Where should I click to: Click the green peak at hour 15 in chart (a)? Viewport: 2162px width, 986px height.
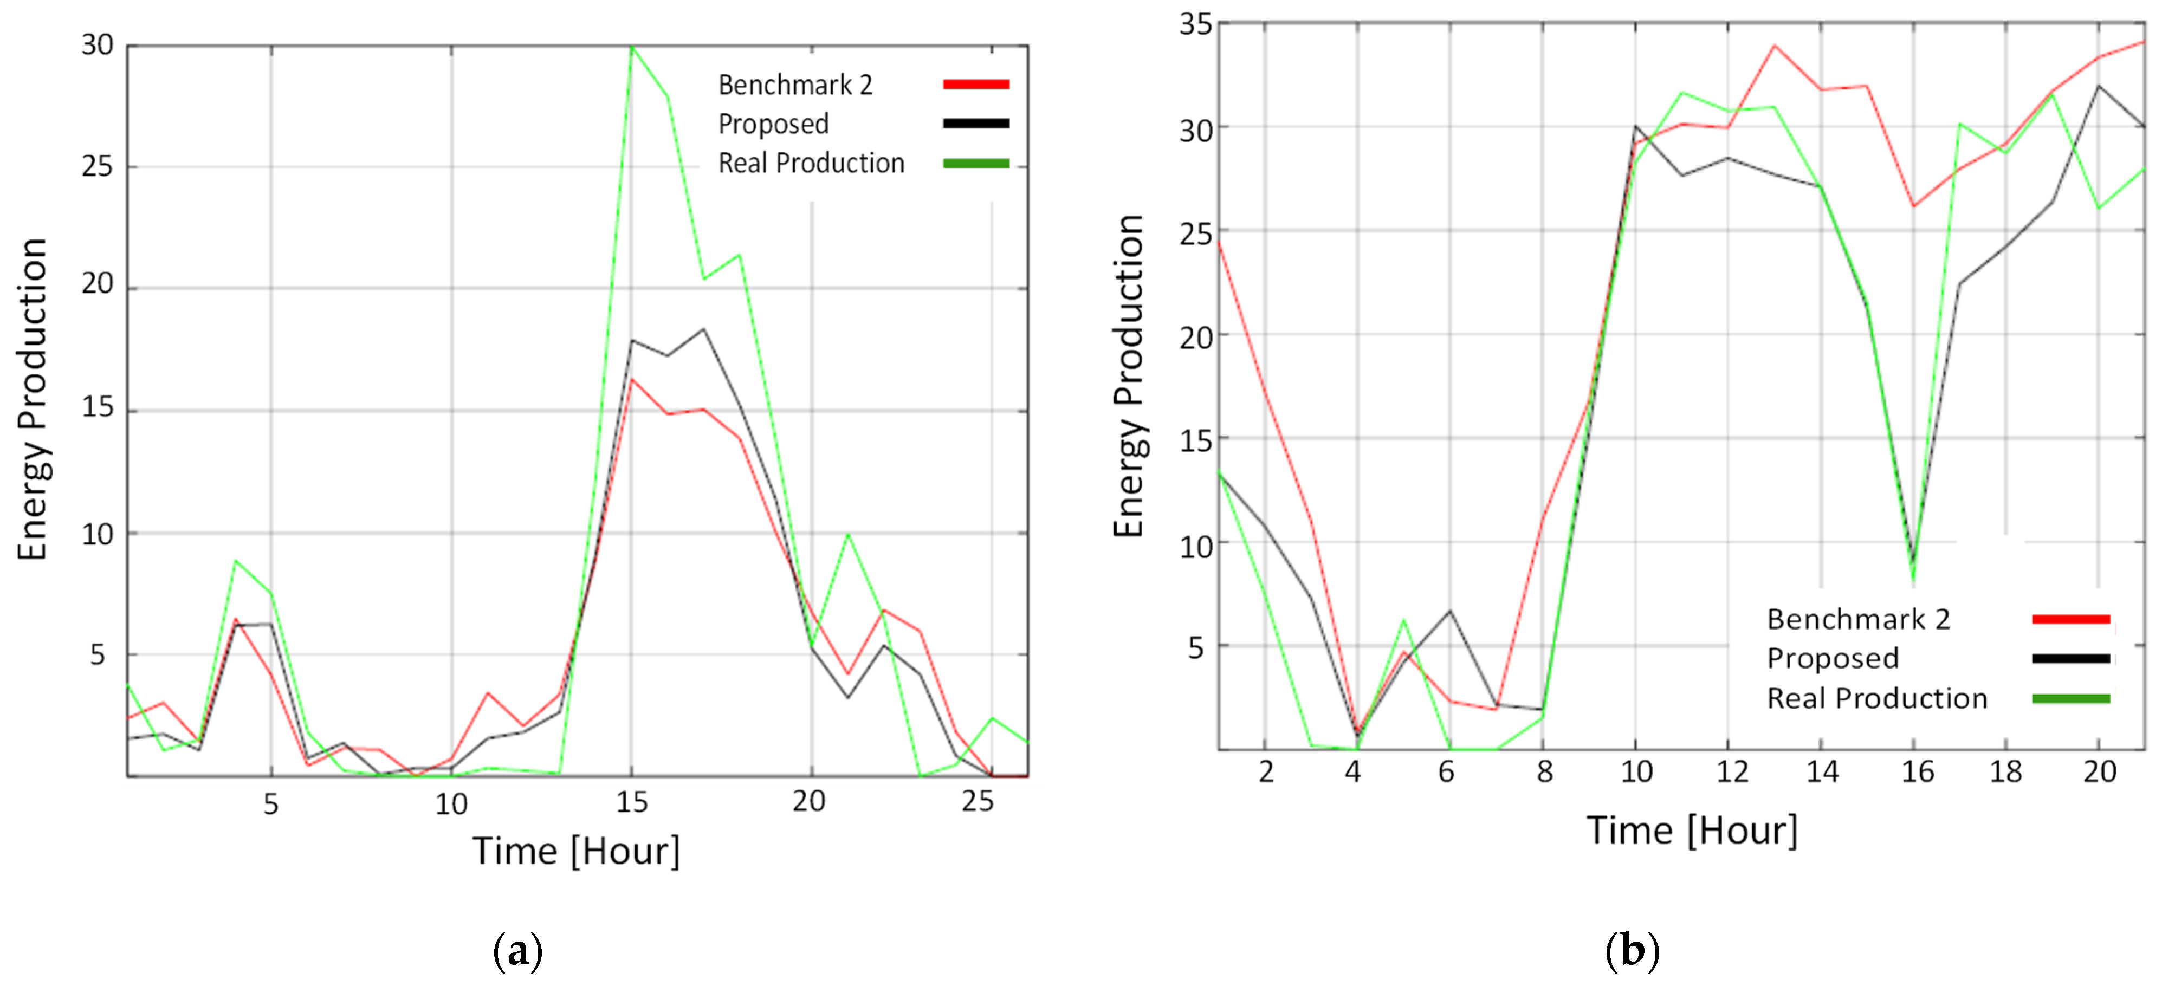[632, 47]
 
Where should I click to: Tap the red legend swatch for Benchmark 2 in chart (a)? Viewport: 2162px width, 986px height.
[975, 84]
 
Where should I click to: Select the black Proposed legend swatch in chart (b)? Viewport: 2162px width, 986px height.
[2070, 659]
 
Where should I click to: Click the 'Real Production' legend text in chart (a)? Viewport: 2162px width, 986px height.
[811, 163]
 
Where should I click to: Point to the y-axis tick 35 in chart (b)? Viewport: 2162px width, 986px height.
[1195, 23]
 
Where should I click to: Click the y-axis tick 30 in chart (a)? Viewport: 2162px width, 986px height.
[98, 46]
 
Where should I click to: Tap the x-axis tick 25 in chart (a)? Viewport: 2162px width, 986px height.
[978, 802]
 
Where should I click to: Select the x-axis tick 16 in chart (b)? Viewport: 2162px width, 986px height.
[1917, 771]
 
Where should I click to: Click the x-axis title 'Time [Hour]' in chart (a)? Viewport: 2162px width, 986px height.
[576, 851]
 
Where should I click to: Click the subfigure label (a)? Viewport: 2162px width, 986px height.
[518, 951]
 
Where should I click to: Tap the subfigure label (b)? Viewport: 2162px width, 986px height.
[1632, 951]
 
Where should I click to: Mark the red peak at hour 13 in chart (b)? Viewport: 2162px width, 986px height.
[1774, 46]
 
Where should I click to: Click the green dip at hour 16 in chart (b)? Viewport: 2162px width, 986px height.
[1914, 579]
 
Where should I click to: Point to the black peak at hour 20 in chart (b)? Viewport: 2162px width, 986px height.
[2098, 86]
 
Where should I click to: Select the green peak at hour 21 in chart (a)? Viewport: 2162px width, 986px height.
[847, 535]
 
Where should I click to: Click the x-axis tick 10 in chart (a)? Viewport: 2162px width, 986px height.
[451, 804]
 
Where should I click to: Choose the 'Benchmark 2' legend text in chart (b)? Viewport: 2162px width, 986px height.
[1857, 619]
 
